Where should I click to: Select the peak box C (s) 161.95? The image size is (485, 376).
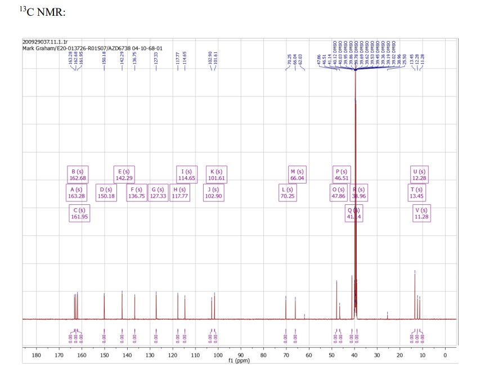point(79,213)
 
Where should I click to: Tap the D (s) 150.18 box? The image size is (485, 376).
point(105,193)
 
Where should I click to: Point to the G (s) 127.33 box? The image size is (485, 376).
point(158,193)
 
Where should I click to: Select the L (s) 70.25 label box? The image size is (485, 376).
point(288,193)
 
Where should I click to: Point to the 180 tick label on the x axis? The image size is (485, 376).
point(37,355)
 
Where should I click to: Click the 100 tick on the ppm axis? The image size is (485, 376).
point(218,355)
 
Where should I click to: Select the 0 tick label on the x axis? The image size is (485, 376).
point(445,355)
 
